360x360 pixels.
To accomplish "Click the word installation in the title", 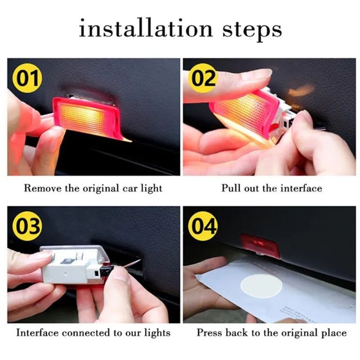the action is tap(146, 28).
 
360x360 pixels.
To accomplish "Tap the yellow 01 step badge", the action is tap(27, 78).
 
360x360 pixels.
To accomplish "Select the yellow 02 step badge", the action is tap(203, 78).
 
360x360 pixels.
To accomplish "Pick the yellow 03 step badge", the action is tap(27, 226).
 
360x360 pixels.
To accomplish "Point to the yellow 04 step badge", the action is tap(203, 226).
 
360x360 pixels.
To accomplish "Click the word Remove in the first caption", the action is tap(43, 188).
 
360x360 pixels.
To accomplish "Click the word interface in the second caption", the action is tap(301, 188).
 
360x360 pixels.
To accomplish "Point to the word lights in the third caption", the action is tap(157, 333).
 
